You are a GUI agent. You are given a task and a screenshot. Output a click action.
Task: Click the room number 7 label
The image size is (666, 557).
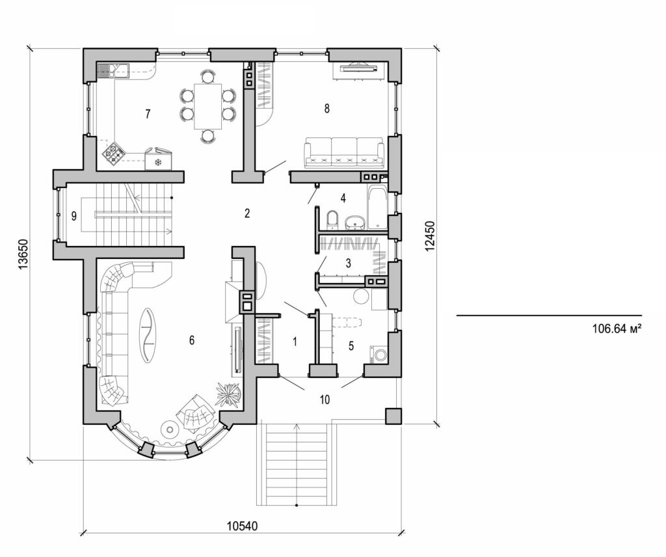148,115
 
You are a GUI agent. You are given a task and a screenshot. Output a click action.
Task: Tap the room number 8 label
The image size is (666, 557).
326,109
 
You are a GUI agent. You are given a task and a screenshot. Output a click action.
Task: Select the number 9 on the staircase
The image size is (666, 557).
74,216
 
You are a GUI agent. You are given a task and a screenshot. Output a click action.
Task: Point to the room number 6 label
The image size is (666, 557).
191,340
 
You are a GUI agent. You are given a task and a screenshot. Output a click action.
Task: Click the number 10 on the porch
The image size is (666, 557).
325,400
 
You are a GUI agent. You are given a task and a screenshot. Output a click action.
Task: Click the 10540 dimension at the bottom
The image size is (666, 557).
241,526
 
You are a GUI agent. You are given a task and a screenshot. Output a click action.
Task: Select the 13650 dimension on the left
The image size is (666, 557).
21,253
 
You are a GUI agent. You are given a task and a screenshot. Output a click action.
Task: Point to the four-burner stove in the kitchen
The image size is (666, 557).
114,153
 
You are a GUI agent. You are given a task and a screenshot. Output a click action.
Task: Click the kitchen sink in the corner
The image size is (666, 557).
114,69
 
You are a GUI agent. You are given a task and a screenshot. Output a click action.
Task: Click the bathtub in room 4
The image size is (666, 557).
377,208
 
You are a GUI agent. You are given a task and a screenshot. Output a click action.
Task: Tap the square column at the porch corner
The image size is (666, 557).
393,416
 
